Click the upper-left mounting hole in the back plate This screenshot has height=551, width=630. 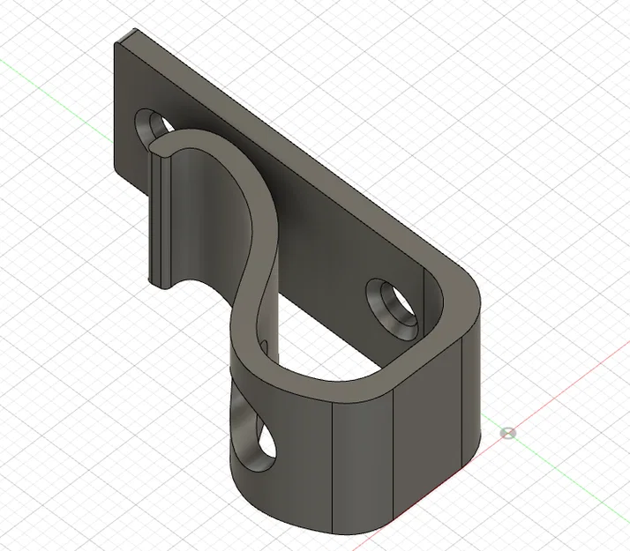pyautogui.click(x=151, y=123)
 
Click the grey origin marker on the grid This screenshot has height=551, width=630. pyautogui.click(x=506, y=432)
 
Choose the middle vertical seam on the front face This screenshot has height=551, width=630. pyautogui.click(x=392, y=450)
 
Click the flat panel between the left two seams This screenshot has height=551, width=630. pyautogui.click(x=361, y=458)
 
